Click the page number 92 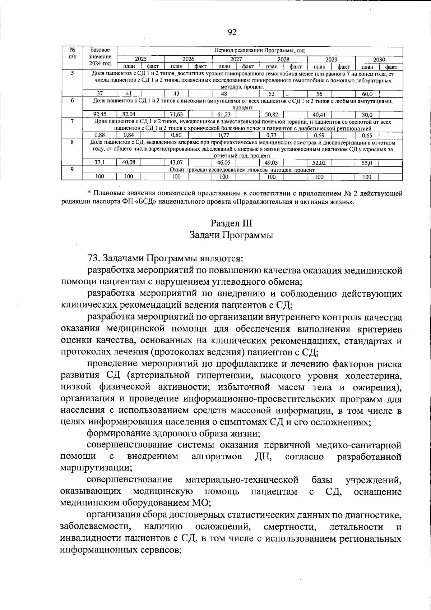(x=232, y=32)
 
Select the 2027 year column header (x=236, y=60)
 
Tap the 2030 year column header (x=379, y=60)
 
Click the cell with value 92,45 (x=100, y=115)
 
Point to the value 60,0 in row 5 (x=367, y=94)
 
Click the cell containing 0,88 (x=99, y=136)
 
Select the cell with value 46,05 (x=224, y=162)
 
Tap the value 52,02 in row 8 (x=319, y=162)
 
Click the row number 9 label (x=72, y=169)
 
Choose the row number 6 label (x=72, y=101)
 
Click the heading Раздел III (x=232, y=223)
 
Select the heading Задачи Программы (x=232, y=235)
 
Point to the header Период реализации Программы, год (x=259, y=50)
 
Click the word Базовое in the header (x=100, y=50)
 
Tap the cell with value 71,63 (x=176, y=115)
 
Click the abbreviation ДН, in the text (x=263, y=457)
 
